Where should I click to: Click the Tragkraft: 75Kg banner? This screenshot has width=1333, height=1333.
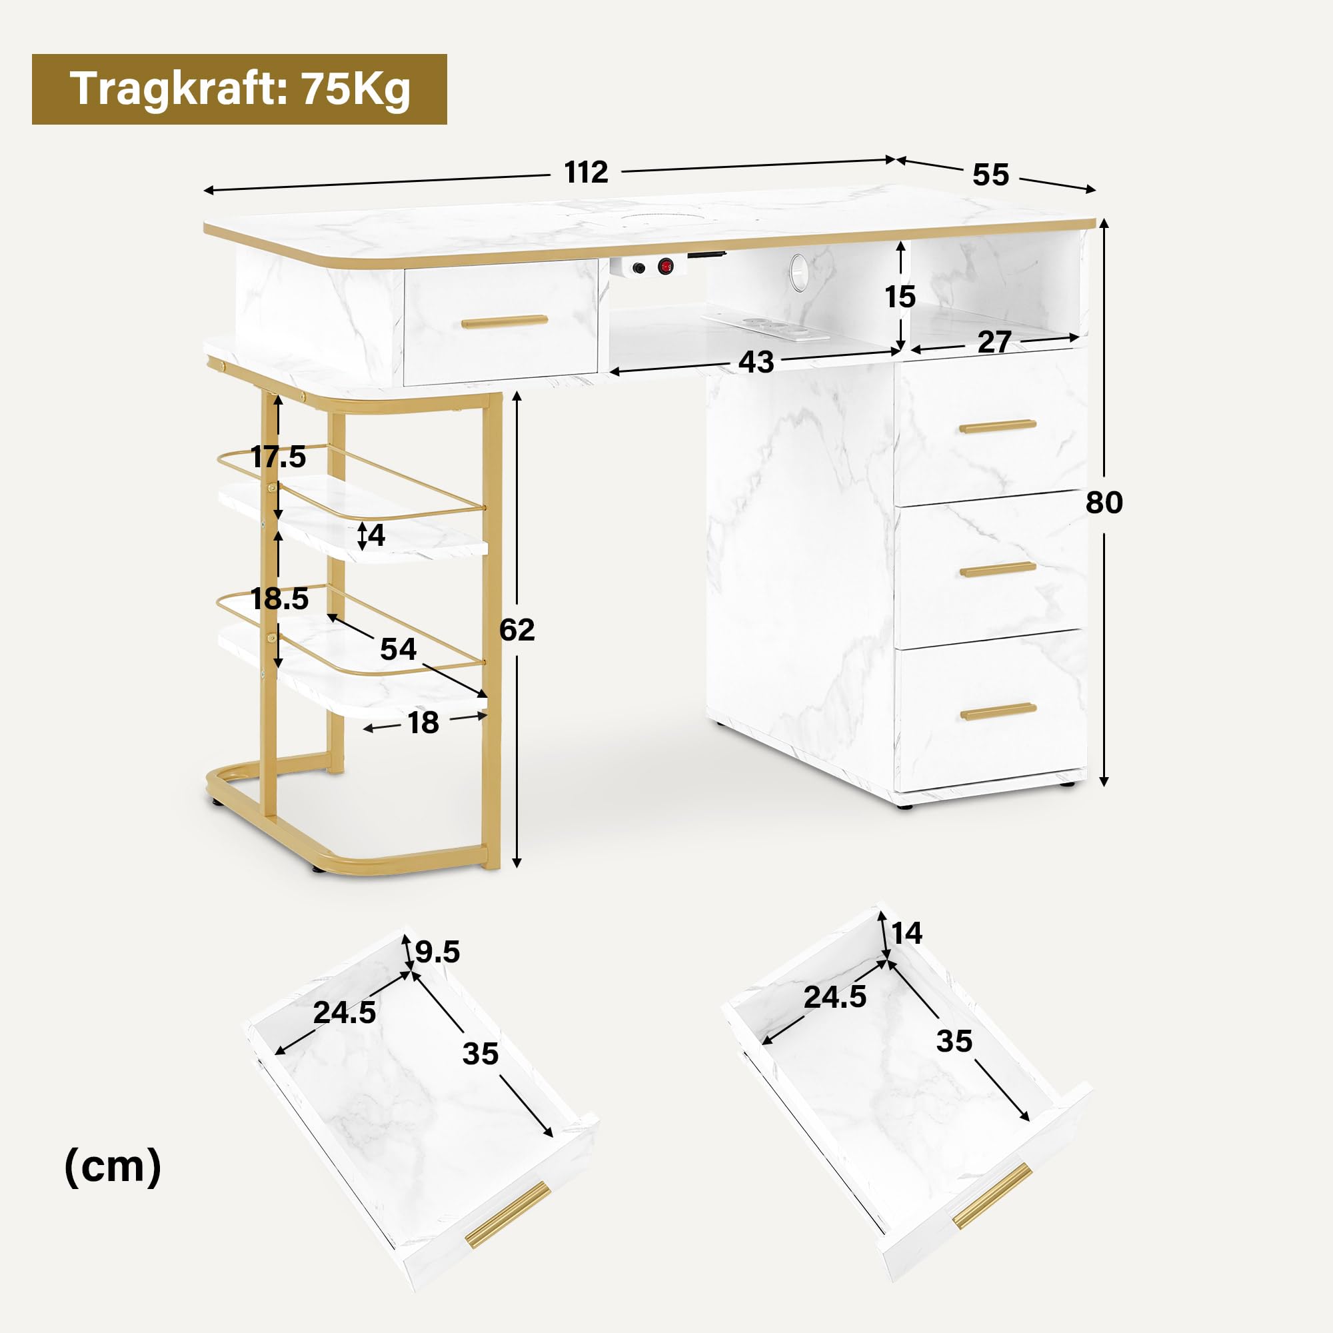coord(239,89)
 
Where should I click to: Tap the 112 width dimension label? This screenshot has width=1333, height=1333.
coord(586,173)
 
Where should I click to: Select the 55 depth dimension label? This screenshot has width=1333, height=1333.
coord(991,175)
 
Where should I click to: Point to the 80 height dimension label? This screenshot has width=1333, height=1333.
coord(1104,503)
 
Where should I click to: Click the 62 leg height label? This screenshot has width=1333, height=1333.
coord(517,630)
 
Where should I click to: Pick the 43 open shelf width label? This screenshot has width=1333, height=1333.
coord(756,362)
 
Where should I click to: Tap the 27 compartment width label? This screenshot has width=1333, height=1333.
coord(994,342)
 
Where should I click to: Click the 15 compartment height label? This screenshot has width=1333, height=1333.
coord(900,297)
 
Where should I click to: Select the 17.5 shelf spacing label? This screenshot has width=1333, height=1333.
coord(278,457)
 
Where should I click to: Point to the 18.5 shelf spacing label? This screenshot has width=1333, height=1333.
coord(279,599)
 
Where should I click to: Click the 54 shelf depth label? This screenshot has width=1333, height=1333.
coord(398,649)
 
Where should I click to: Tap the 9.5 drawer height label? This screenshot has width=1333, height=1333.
coord(437,952)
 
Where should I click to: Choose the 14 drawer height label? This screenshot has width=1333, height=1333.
coord(906,934)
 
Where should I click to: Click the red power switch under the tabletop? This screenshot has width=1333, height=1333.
coord(665,266)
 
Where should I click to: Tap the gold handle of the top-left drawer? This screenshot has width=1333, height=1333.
coord(505,321)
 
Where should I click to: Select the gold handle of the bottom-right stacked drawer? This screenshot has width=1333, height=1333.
coord(998,711)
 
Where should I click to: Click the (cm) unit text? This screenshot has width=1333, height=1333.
coord(113,1167)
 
